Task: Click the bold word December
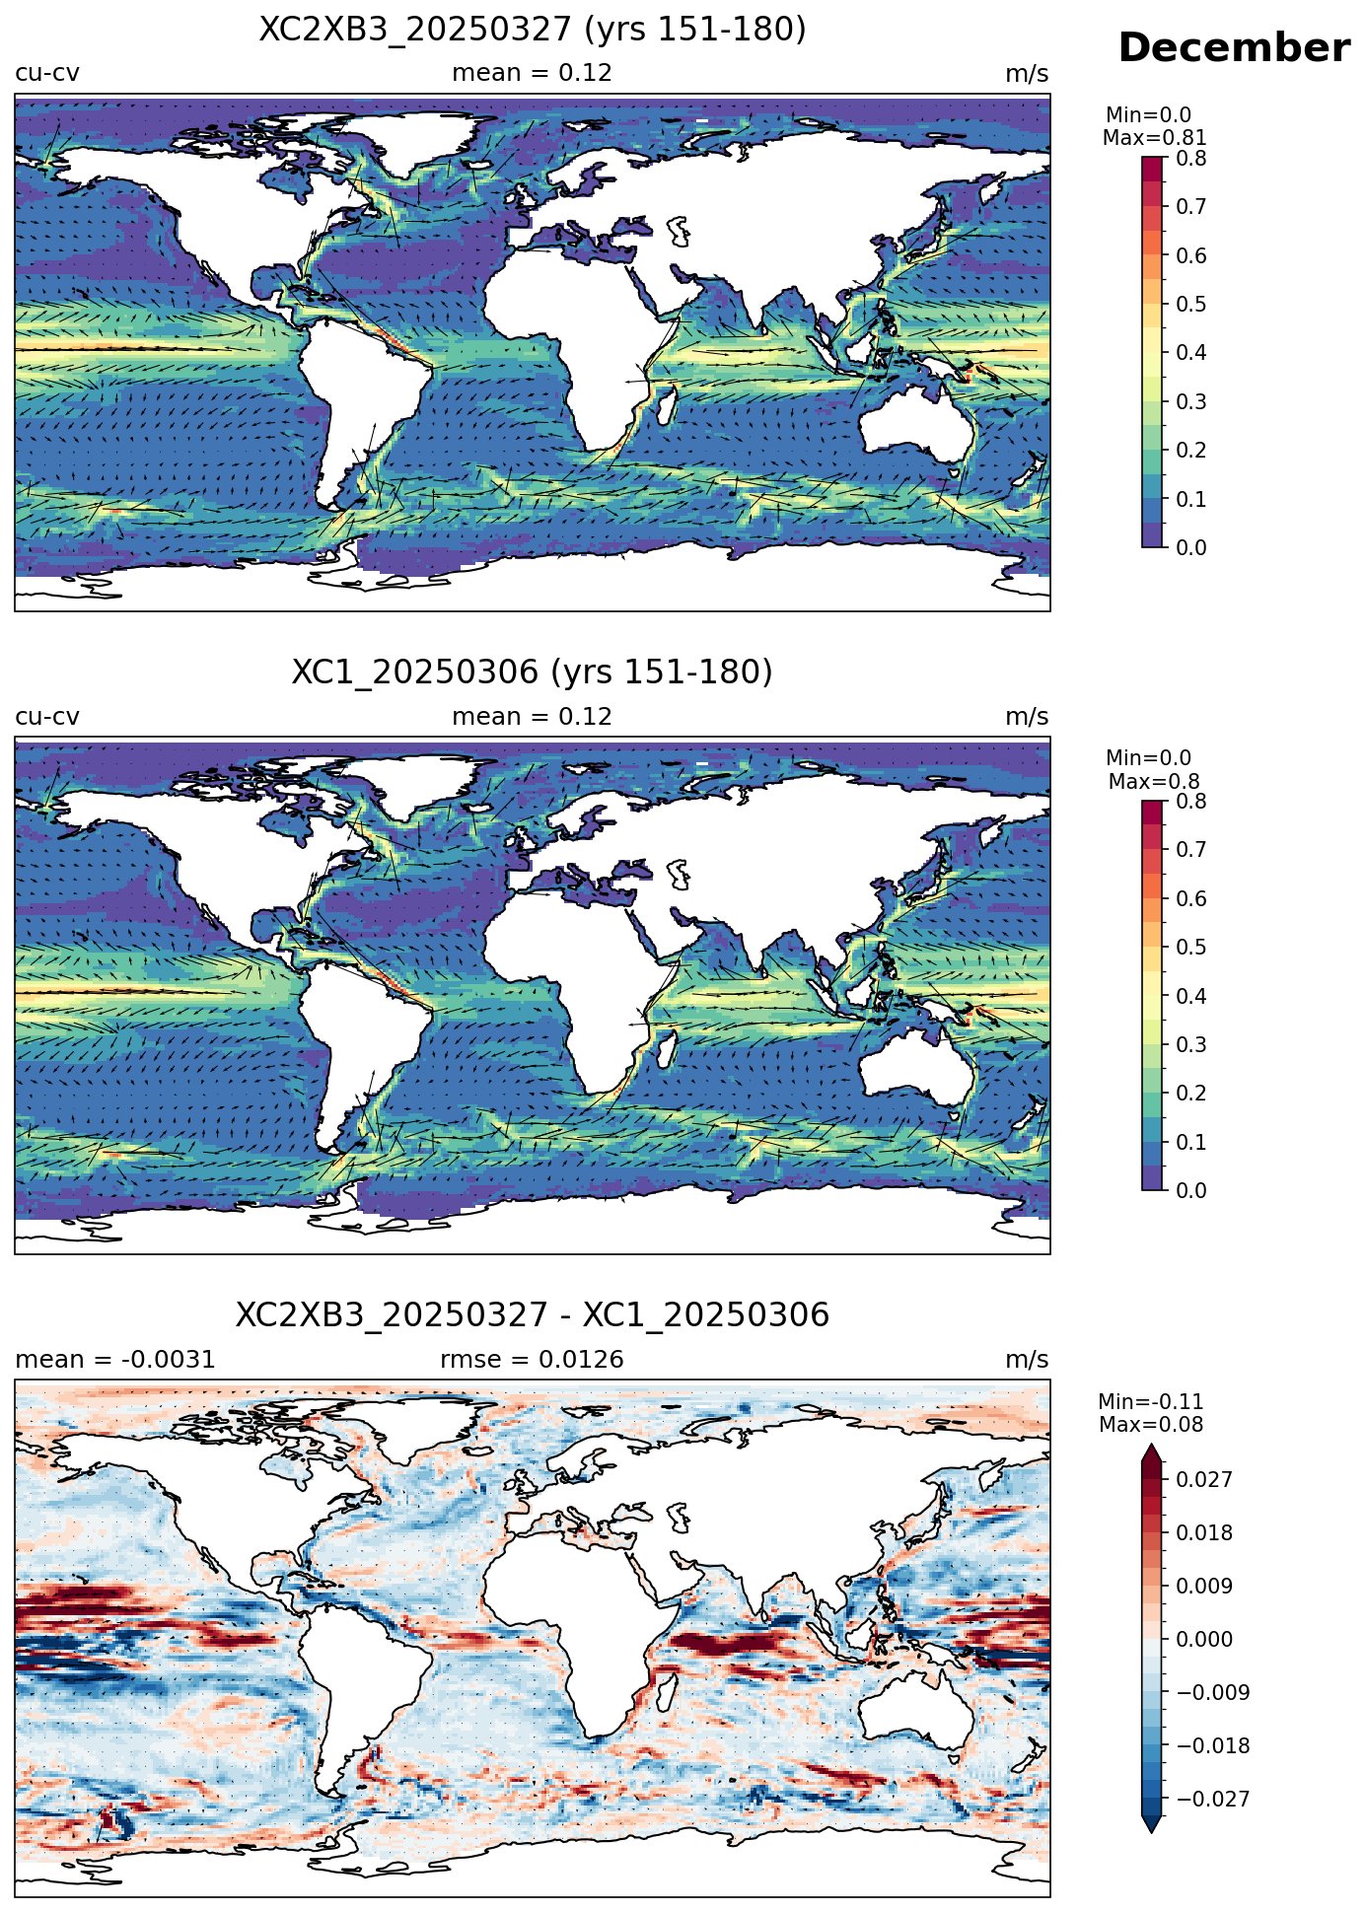(1233, 48)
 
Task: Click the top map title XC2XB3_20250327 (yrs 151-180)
(533, 30)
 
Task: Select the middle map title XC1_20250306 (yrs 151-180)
(533, 673)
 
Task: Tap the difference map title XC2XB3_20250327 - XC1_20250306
(533, 1315)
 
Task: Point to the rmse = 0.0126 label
(532, 1360)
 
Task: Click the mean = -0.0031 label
(115, 1360)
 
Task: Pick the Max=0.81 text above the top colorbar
(1154, 138)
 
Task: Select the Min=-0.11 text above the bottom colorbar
(1151, 1402)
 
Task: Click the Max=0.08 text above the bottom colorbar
(1151, 1425)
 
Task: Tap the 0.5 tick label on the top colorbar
(1191, 305)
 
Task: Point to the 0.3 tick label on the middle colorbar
(1191, 1045)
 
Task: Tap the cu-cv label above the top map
(47, 73)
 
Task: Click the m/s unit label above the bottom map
(1027, 1360)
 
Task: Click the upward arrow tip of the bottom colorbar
(1151, 1445)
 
